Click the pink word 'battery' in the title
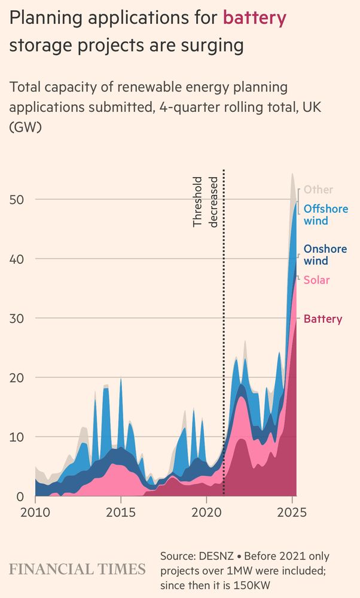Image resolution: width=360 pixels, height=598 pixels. pos(254,19)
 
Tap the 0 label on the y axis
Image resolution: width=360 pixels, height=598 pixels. pos(20,496)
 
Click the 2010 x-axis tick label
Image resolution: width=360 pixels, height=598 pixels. pos(35,512)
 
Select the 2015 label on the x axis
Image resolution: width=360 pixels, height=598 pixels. pos(121,512)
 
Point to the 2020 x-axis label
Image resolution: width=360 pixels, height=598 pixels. pos(206,512)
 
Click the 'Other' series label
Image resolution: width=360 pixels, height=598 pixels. pos(318,190)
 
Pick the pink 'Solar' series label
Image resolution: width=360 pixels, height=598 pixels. pos(316,280)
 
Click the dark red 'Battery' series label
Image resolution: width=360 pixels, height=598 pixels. pos(323,319)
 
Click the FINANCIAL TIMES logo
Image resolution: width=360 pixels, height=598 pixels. pos(77,568)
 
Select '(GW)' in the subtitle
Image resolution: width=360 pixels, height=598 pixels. pos(25,128)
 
